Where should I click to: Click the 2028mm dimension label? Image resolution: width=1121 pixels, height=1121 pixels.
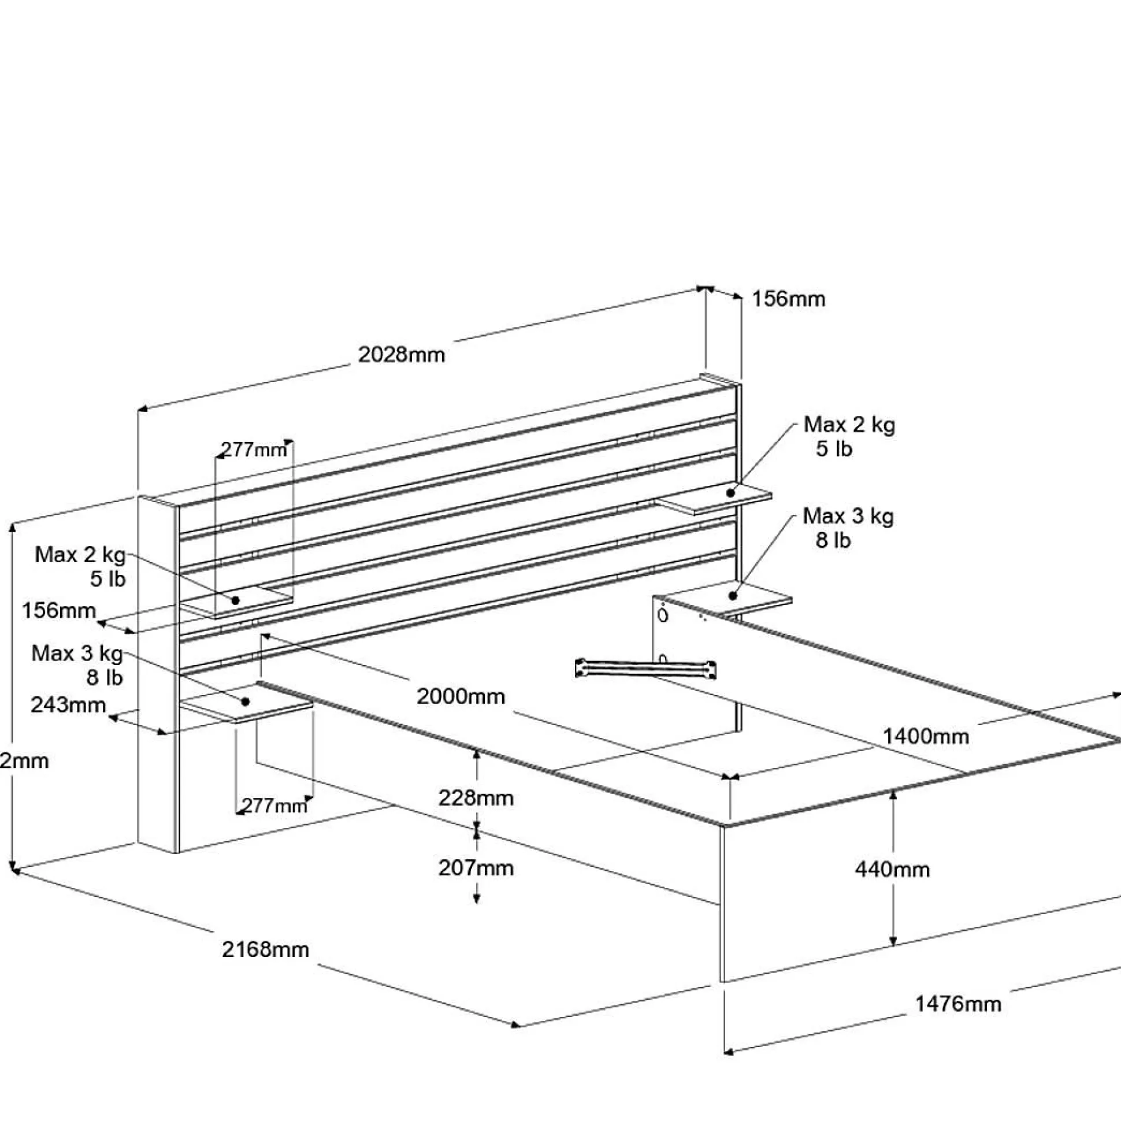(402, 355)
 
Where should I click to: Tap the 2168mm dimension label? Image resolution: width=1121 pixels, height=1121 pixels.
(265, 950)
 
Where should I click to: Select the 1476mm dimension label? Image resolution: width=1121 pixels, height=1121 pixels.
(958, 1004)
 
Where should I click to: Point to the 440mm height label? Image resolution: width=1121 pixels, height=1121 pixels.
(892, 869)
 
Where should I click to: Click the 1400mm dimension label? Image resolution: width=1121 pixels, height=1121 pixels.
(926, 737)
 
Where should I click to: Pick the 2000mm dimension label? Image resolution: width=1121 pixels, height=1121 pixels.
(461, 696)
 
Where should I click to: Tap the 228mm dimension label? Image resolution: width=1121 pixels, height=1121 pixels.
(476, 799)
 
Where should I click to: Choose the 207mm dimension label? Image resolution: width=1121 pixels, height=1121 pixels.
(476, 868)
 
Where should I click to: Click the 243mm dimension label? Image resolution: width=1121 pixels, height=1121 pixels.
(68, 705)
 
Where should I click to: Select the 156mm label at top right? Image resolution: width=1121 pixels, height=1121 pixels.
(789, 299)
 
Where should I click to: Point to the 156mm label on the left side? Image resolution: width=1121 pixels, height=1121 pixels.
(58, 610)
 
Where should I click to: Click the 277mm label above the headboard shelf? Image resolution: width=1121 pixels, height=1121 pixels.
(254, 449)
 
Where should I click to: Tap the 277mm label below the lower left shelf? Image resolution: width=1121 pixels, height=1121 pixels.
(274, 806)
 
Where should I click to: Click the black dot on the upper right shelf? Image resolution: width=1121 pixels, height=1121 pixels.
(730, 493)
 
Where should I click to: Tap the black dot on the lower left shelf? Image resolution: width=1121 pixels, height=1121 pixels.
(246, 702)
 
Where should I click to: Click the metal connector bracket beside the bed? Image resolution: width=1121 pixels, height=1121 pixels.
(645, 668)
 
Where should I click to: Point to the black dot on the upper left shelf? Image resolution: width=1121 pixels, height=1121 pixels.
(236, 600)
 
